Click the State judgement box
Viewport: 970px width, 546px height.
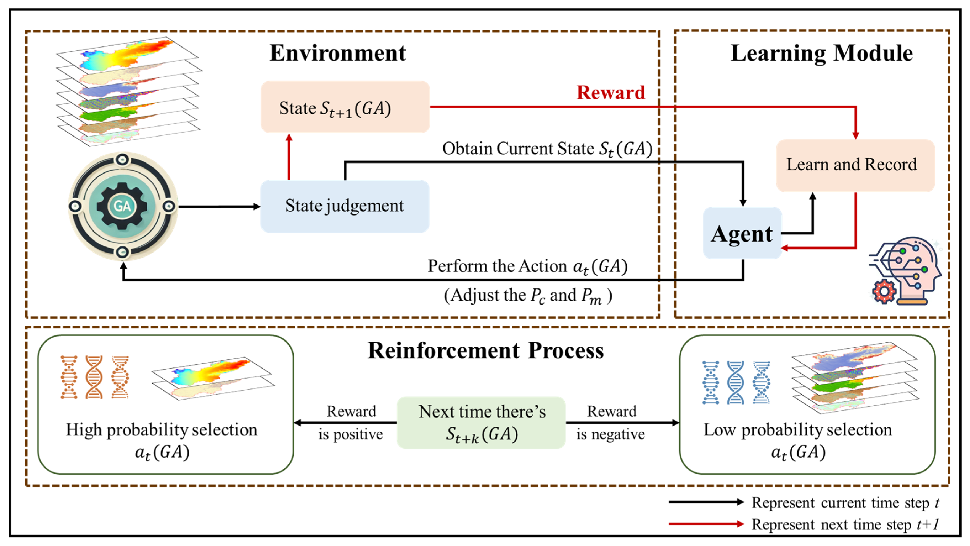[345, 206]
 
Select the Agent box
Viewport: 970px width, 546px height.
[742, 233]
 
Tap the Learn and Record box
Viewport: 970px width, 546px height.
[855, 165]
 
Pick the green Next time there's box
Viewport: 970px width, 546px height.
[481, 422]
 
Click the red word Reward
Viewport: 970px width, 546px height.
[610, 92]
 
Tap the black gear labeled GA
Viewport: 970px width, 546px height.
[122, 206]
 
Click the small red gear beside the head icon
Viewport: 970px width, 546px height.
[884, 291]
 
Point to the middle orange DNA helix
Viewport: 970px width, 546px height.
[94, 377]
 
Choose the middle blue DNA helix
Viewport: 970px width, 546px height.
[735, 382]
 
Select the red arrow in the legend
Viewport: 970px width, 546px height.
[706, 524]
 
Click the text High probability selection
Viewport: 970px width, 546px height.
[162, 430]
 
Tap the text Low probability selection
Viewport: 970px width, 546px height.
[797, 430]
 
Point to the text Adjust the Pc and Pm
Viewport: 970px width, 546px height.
[527, 295]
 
